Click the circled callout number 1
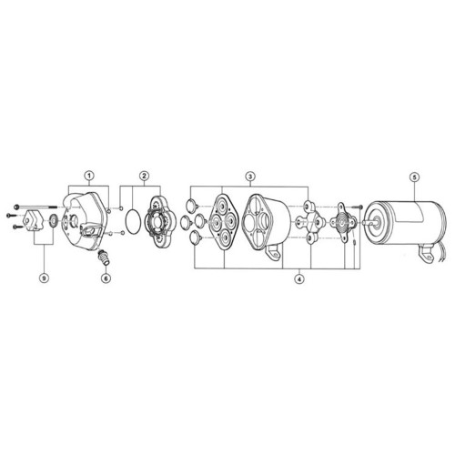click(x=89, y=176)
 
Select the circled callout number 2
click(x=144, y=176)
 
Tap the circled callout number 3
click(x=250, y=176)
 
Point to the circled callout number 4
click(x=299, y=279)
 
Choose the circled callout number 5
click(x=414, y=177)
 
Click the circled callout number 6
click(x=106, y=278)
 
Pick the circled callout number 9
click(x=45, y=278)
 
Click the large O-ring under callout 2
click(x=133, y=221)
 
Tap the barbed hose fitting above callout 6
click(x=103, y=258)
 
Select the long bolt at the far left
click(x=35, y=207)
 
